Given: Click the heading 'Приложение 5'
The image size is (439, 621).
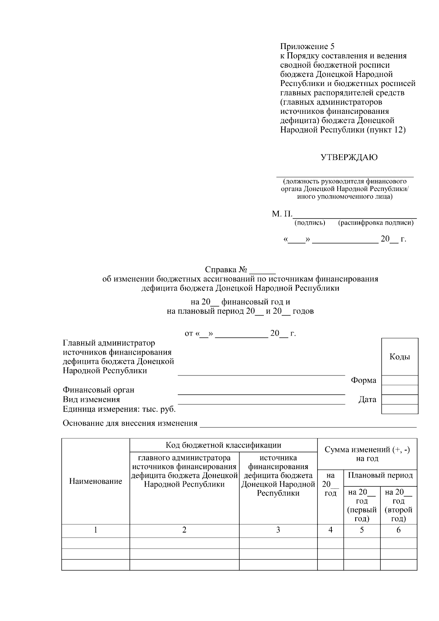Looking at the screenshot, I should (307, 46).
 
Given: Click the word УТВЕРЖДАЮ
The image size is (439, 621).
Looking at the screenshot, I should (349, 157).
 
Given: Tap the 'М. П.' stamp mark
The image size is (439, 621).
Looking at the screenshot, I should (282, 214).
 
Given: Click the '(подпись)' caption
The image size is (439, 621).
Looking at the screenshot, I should (309, 223).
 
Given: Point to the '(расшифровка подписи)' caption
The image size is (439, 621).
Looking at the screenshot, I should (376, 223).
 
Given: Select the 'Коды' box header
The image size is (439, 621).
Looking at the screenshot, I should (399, 357).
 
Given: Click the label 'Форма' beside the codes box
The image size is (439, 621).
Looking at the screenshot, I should (363, 380).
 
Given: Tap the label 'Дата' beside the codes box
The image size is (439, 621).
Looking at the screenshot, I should (367, 400).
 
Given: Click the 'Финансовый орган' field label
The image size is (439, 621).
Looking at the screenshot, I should (98, 390).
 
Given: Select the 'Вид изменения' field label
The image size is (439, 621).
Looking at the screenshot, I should (91, 399).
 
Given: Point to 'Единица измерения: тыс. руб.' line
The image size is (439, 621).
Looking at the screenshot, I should (119, 409).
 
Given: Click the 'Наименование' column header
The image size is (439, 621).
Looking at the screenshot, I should (95, 481).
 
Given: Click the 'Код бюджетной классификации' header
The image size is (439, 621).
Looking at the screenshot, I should (223, 445).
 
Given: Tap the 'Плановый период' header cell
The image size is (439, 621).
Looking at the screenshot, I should (380, 475).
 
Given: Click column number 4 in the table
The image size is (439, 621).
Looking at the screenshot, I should (330, 530).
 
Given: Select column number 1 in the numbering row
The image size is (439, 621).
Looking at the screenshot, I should (95, 530).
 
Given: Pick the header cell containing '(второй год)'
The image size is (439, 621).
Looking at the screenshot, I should (398, 505).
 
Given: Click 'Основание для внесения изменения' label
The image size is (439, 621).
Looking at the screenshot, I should (130, 423).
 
